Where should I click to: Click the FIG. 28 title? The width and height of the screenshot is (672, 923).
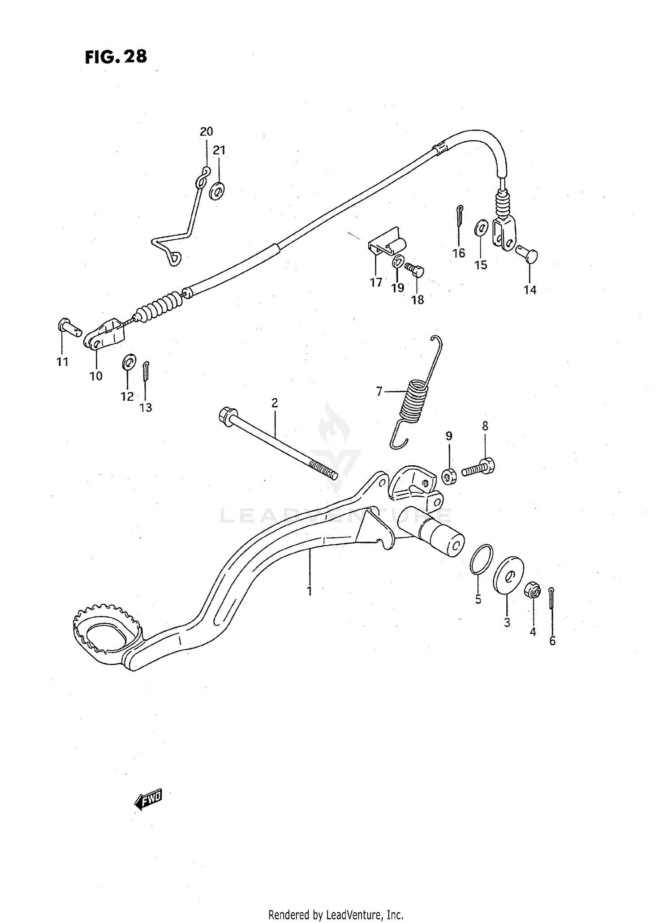point(116,57)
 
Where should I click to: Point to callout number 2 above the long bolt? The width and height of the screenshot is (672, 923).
point(275,403)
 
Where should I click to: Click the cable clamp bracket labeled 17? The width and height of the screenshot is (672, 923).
point(386,245)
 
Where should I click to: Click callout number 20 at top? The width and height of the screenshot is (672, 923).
point(206,132)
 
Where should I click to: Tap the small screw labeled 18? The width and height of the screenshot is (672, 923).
point(414,269)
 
